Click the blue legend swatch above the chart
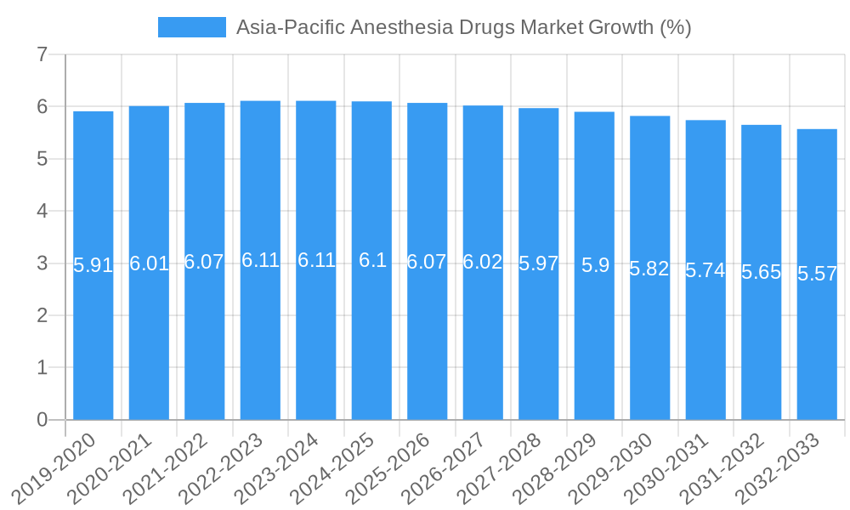click(x=191, y=27)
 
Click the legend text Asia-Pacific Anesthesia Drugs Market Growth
click(x=463, y=27)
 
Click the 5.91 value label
click(x=93, y=265)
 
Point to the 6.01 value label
click(x=149, y=263)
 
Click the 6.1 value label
click(x=372, y=261)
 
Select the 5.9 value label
click(x=595, y=265)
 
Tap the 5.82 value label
click(x=650, y=269)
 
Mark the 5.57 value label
click(x=817, y=274)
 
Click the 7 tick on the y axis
click(x=42, y=54)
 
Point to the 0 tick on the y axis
click(x=42, y=420)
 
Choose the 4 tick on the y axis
click(x=42, y=211)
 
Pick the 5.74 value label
click(x=705, y=270)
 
